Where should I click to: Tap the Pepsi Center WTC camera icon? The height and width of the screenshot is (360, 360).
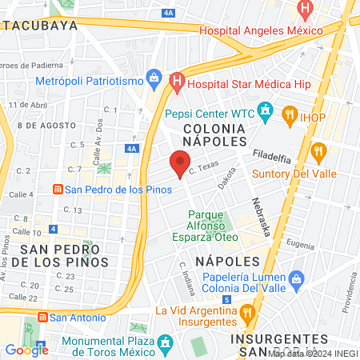pos(266,110)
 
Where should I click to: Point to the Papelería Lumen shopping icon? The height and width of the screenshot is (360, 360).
pos(297,278)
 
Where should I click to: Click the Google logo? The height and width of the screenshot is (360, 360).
pos(26,349)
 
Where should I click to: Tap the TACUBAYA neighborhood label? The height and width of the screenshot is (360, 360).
pos(39,25)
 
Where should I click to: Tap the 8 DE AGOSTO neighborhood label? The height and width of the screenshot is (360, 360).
pos(40,126)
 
